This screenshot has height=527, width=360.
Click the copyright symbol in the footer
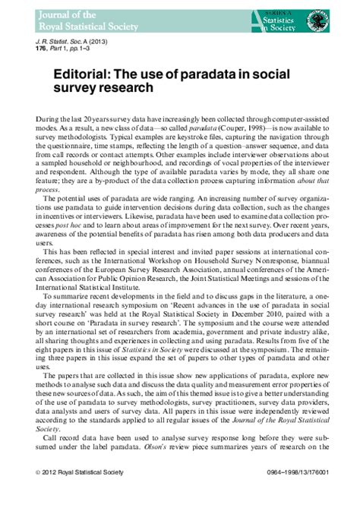pyautogui.click(x=38, y=494)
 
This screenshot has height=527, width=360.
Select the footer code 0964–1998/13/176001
pyautogui.click(x=286, y=494)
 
